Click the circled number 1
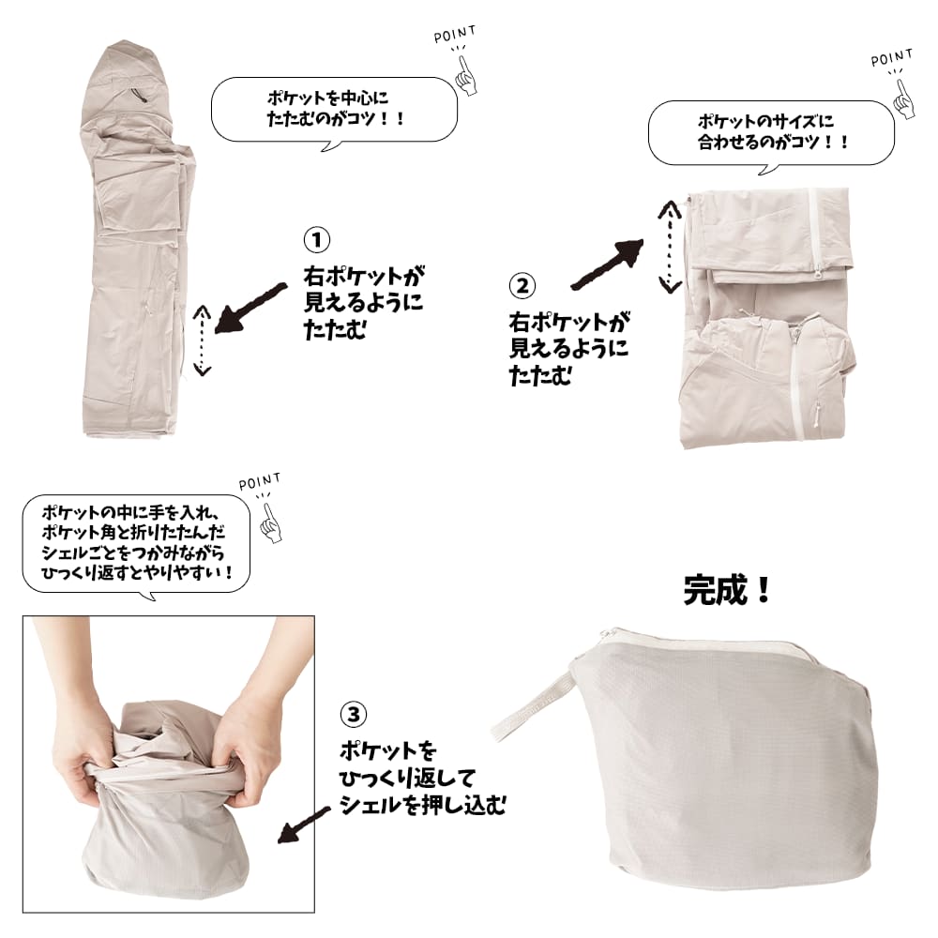(x=316, y=240)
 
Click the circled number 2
(x=522, y=285)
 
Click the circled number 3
(x=353, y=714)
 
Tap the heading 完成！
(x=727, y=590)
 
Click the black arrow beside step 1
(x=250, y=308)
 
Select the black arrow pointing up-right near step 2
(x=608, y=265)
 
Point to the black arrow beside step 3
(x=304, y=825)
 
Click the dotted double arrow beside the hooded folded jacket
(x=203, y=340)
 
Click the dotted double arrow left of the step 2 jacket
(x=670, y=247)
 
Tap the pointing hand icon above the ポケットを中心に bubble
(x=466, y=75)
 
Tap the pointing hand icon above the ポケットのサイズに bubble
(x=903, y=98)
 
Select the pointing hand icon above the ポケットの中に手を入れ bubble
(x=271, y=522)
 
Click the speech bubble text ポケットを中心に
(x=327, y=98)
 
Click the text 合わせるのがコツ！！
(x=773, y=143)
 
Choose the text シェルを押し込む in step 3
(x=422, y=805)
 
